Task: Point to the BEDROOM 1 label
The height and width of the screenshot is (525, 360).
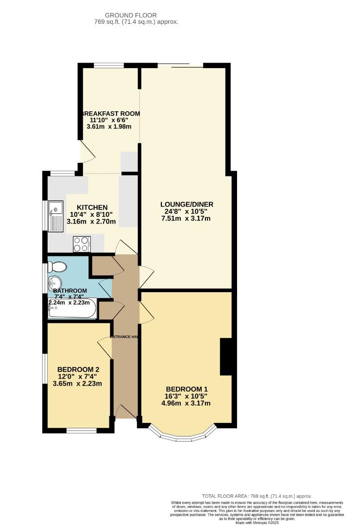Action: point(187,389)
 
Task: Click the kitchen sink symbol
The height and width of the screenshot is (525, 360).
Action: point(55,216)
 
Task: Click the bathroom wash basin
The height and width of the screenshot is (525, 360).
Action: point(54,282)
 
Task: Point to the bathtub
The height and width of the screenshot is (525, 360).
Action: point(72,310)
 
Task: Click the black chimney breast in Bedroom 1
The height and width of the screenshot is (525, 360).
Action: point(226,357)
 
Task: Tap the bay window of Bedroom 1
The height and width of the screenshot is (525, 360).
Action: point(182,435)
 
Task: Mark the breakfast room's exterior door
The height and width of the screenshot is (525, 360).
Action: point(86,152)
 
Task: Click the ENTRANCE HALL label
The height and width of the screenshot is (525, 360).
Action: point(125,337)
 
